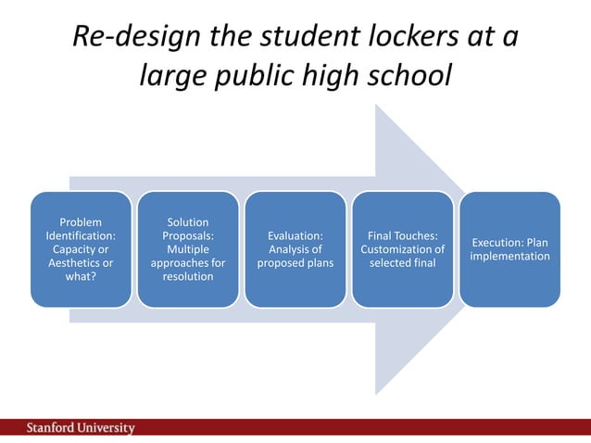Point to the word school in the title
[x=409, y=79]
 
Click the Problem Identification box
[x=81, y=248]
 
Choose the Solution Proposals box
[x=187, y=248]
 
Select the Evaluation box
[x=295, y=248]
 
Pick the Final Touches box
[x=402, y=248]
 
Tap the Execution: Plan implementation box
[x=509, y=248]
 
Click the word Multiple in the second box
[x=187, y=249]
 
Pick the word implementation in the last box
[x=509, y=256]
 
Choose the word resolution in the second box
[x=187, y=276]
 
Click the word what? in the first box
[x=81, y=276]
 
